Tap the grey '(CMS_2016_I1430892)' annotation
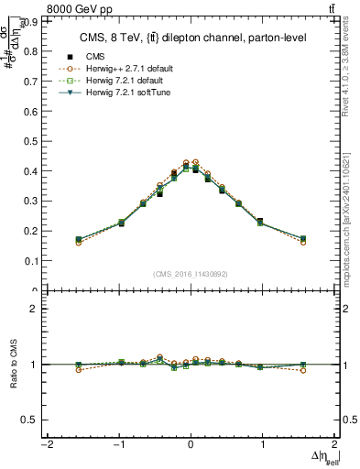(x=191, y=274)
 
